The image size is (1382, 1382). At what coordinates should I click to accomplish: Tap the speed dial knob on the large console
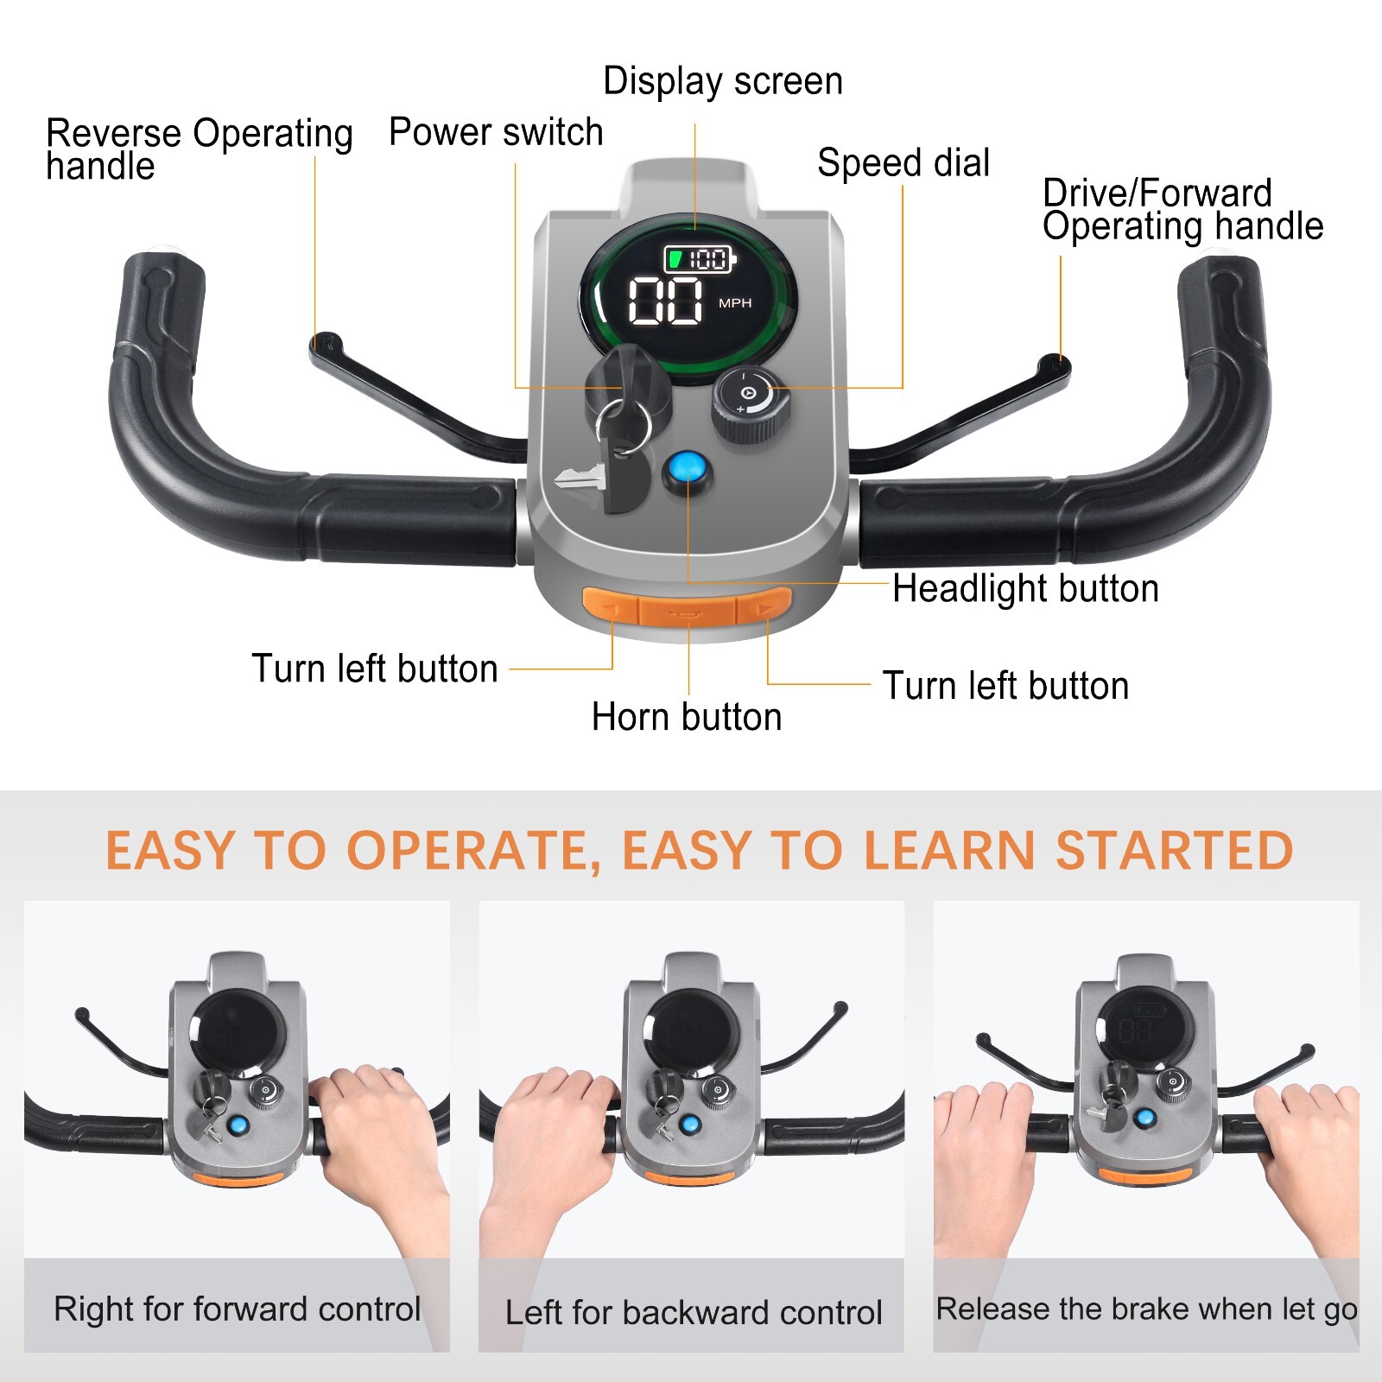tap(750, 403)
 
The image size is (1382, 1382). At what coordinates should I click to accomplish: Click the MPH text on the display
tap(735, 303)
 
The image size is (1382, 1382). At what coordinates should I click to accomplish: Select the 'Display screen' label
tap(722, 81)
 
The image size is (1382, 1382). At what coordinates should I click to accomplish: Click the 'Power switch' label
tap(496, 132)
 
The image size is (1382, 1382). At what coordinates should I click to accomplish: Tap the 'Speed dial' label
tap(903, 162)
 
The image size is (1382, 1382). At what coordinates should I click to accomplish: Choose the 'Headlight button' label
tap(1025, 588)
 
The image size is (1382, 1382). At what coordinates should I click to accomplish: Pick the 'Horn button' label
tap(687, 717)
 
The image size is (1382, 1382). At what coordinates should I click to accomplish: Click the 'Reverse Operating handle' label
tap(199, 149)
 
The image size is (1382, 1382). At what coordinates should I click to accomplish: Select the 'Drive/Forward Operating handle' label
tap(1182, 209)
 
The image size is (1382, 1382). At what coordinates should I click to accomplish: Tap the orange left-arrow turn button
tap(610, 608)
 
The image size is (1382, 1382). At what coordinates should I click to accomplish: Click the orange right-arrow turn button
tap(764, 608)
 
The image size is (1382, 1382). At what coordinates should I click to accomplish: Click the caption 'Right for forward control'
tap(237, 1309)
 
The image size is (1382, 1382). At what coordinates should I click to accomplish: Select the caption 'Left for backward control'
tap(693, 1312)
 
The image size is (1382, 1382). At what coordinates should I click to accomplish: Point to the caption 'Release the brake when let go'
tap(1146, 1309)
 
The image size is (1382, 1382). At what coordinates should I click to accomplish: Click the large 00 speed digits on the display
tap(664, 301)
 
